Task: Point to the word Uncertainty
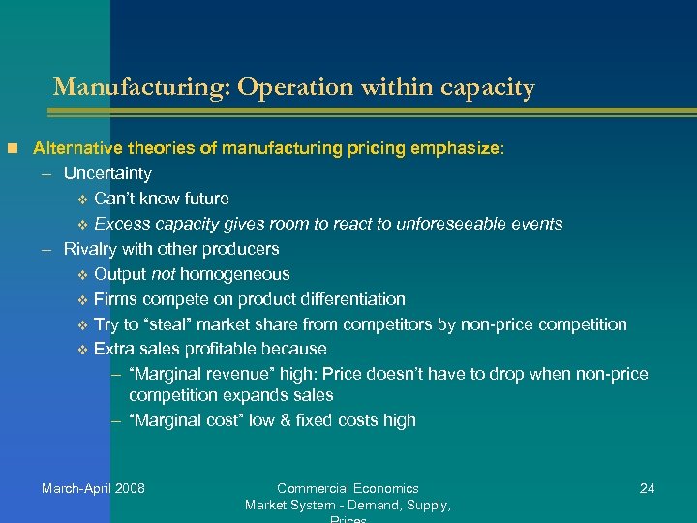[x=107, y=174]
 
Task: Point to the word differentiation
[x=352, y=299]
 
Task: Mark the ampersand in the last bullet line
[x=278, y=420]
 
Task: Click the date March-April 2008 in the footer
[x=93, y=488]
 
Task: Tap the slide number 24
[x=648, y=488]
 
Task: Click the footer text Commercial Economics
[x=348, y=488]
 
